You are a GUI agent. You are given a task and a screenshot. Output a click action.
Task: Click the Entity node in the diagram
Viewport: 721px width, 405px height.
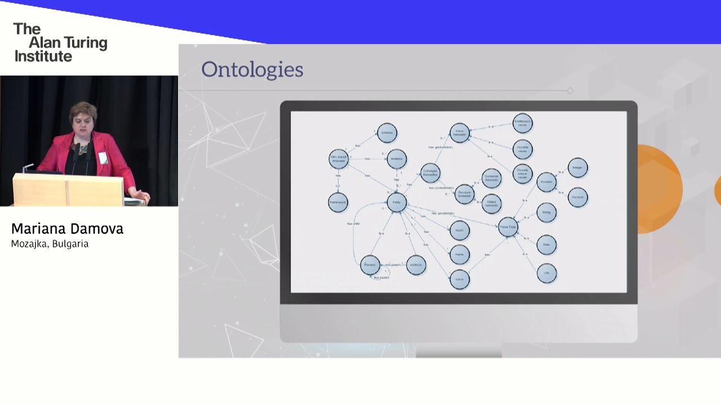(x=397, y=202)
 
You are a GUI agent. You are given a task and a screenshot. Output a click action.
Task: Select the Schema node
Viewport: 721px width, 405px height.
(x=387, y=133)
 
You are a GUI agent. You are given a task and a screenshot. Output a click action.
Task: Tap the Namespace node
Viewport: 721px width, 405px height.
(x=338, y=202)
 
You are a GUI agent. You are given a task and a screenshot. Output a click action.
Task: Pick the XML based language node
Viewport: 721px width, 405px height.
(x=339, y=159)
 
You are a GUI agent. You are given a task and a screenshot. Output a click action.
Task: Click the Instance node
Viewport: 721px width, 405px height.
(x=397, y=159)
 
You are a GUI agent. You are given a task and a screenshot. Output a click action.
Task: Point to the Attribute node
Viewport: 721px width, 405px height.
(x=416, y=265)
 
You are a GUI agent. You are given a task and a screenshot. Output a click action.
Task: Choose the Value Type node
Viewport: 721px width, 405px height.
(x=508, y=227)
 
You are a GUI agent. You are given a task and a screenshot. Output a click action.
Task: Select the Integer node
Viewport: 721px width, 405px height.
(x=577, y=168)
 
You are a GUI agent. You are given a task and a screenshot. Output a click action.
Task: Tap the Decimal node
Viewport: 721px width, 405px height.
(x=577, y=197)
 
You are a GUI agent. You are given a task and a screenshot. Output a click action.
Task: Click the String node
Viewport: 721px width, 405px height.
(x=546, y=213)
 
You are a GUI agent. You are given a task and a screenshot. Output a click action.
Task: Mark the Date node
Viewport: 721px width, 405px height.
(x=546, y=245)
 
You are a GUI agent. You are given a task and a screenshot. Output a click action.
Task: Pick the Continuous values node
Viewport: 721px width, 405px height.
(x=523, y=123)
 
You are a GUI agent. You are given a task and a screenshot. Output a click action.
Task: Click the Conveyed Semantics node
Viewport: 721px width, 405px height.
(x=430, y=174)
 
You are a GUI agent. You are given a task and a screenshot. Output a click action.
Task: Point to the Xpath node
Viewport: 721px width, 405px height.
(x=460, y=231)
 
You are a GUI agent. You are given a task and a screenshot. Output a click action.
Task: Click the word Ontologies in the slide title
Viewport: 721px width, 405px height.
(x=252, y=70)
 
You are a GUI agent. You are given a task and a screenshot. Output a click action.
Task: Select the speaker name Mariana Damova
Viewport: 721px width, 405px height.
(x=67, y=229)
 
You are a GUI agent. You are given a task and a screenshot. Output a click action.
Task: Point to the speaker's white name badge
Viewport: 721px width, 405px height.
(x=103, y=158)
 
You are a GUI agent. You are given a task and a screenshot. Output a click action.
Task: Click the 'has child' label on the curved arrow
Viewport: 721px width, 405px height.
(x=354, y=224)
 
